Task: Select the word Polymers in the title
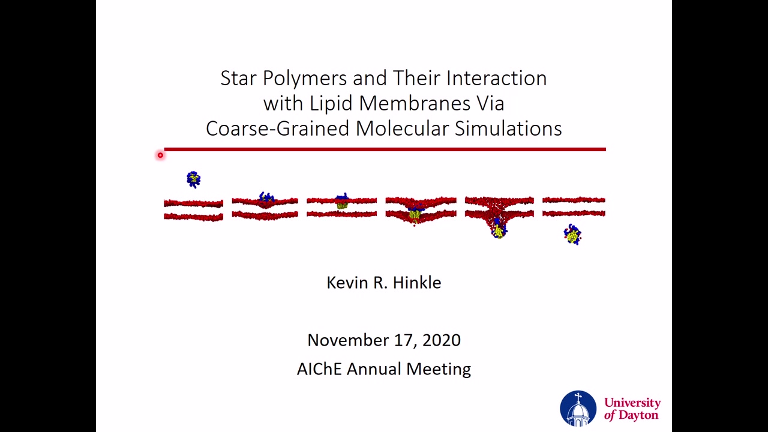coord(305,79)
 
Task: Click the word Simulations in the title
coord(508,128)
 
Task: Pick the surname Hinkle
coord(417,283)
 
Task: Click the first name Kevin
coord(347,283)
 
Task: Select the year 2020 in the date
coord(442,340)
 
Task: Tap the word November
coord(348,340)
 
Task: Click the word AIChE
coord(319,369)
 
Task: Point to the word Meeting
coord(439,370)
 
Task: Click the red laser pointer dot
coord(160,155)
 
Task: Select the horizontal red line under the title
coord(385,149)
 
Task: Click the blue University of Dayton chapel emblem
coord(578,409)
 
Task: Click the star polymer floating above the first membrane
coord(194,179)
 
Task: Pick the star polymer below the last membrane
coord(572,235)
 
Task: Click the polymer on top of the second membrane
coord(266,197)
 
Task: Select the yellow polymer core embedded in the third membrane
coord(342,205)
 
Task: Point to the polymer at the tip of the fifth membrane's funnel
coord(499,229)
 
